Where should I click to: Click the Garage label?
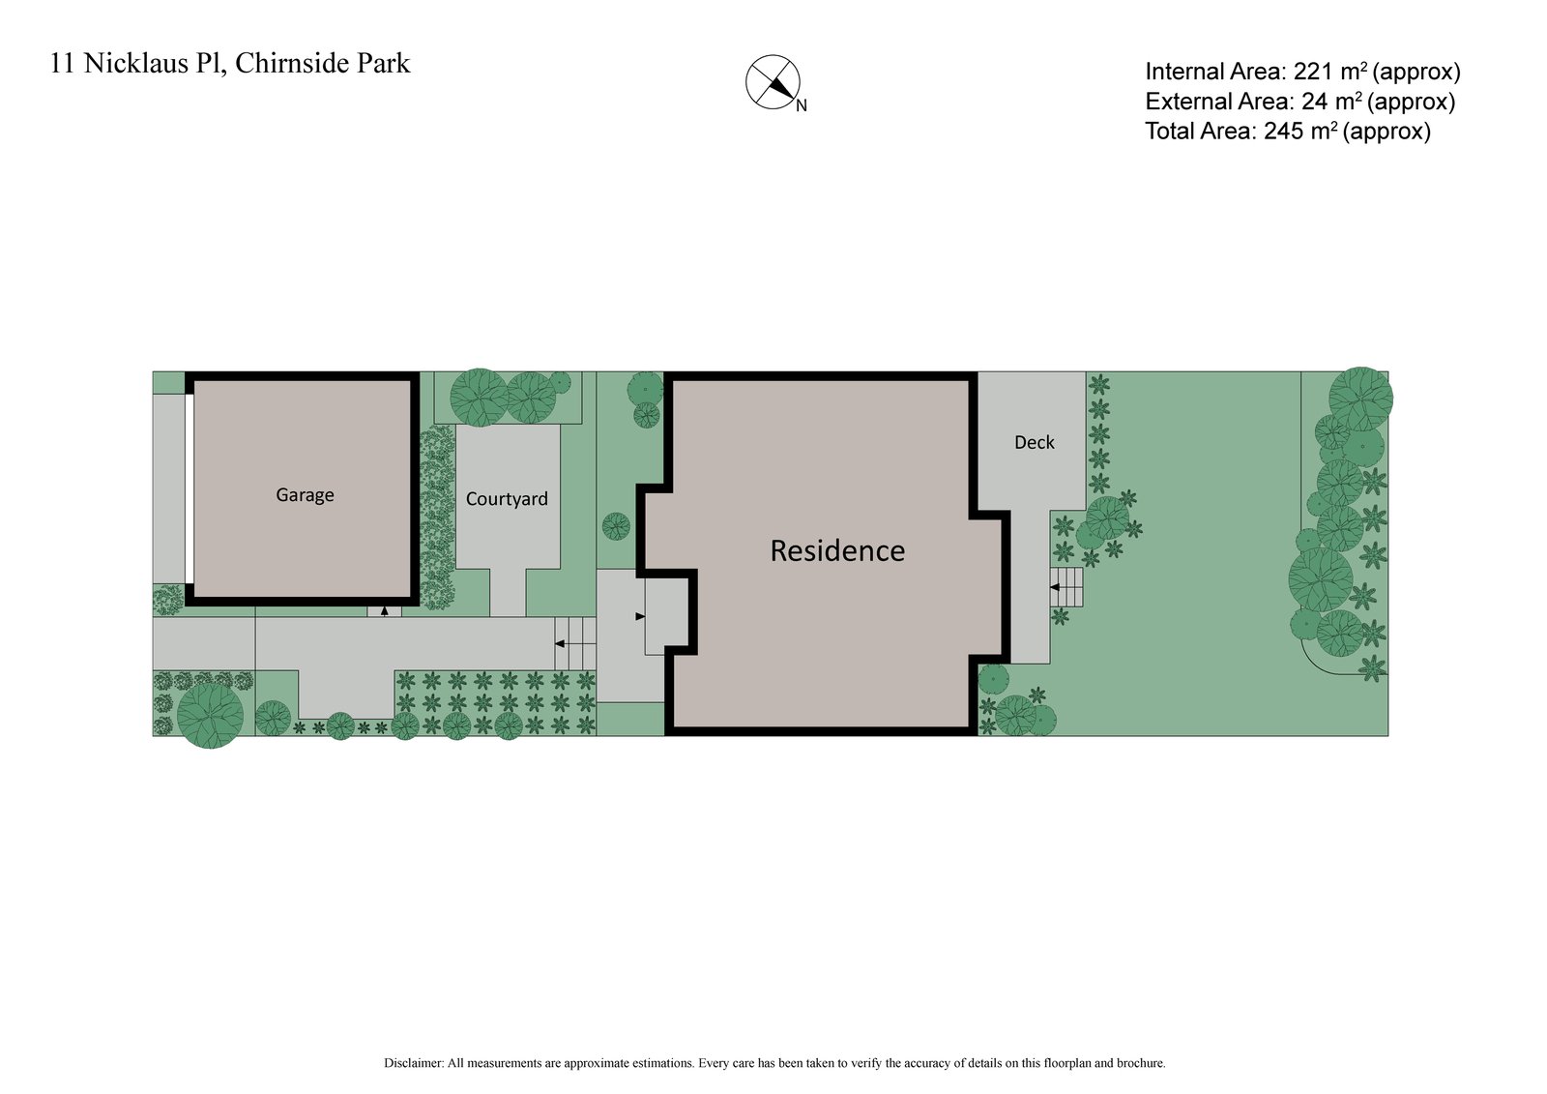(x=305, y=495)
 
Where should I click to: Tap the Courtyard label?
(x=507, y=499)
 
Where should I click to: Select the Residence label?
(x=837, y=550)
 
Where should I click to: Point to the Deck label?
(x=1034, y=442)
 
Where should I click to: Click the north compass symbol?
(x=773, y=82)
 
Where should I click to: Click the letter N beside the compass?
(x=802, y=106)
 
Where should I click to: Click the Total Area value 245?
(x=1283, y=132)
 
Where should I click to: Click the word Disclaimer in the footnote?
(x=413, y=1063)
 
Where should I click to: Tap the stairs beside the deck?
(x=1066, y=587)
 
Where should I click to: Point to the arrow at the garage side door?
(x=384, y=611)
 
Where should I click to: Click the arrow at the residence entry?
(x=640, y=616)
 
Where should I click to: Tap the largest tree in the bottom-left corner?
(x=210, y=715)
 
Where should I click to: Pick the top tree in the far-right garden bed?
(x=1359, y=398)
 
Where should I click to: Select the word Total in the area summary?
(x=1174, y=132)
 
